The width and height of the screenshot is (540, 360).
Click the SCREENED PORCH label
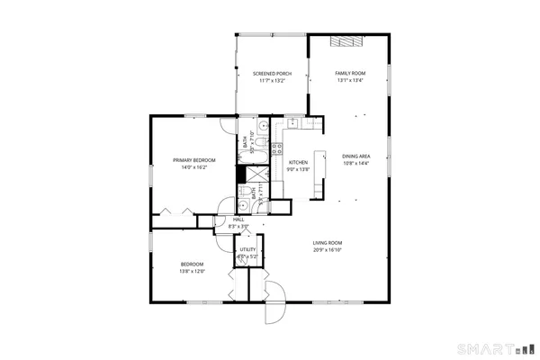pyautogui.click(x=271, y=73)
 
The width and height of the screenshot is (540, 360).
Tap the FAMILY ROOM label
pyautogui.click(x=350, y=72)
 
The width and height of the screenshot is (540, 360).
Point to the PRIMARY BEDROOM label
pyautogui.click(x=194, y=160)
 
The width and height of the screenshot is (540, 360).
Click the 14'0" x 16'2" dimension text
pyautogui.click(x=194, y=167)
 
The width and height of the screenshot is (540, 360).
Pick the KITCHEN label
pyautogui.click(x=298, y=162)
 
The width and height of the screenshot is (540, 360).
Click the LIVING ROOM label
pyautogui.click(x=327, y=243)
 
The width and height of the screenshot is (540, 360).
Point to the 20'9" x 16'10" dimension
pyautogui.click(x=327, y=250)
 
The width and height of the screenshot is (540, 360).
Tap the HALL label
pyautogui.click(x=239, y=219)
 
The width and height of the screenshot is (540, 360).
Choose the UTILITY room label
pyautogui.click(x=247, y=249)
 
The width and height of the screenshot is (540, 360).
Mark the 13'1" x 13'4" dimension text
pyautogui.click(x=350, y=80)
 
